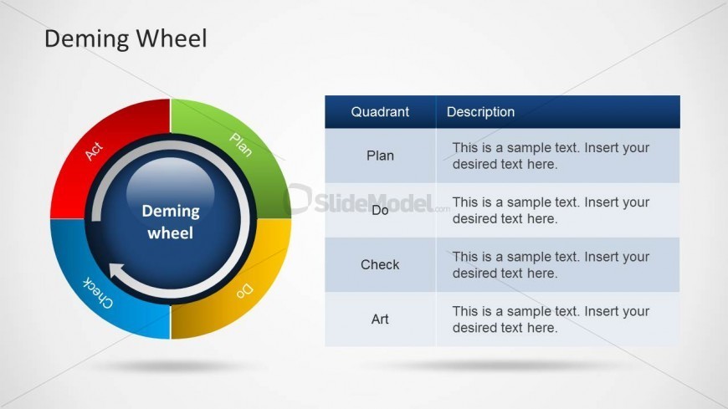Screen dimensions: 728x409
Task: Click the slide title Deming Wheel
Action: coord(126,39)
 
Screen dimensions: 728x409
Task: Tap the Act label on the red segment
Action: coord(94,151)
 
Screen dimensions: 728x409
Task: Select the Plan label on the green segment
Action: coord(241,145)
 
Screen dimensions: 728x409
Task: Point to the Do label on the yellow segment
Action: coord(245,290)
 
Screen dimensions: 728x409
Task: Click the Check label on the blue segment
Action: coord(98,293)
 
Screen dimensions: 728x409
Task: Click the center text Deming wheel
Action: coord(171,222)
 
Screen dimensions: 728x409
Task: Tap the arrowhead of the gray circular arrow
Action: coord(117,272)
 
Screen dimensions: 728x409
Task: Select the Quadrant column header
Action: coord(380,112)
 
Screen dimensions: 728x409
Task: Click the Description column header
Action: coord(480,112)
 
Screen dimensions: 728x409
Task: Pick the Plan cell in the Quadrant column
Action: coord(380,156)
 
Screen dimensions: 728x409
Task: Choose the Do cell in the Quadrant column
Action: coord(380,210)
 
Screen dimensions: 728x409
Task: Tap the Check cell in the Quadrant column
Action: coord(380,264)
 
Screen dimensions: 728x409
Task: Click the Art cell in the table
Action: coord(380,320)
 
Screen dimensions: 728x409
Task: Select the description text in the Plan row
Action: coord(551,156)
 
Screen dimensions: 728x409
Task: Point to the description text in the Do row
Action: coord(551,210)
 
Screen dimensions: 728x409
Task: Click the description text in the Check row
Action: coord(551,265)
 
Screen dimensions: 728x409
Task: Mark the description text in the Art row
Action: coord(551,320)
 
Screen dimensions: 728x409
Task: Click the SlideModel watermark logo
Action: coord(367,201)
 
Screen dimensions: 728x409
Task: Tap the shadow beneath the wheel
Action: coord(171,366)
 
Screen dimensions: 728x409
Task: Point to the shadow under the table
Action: coord(502,365)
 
